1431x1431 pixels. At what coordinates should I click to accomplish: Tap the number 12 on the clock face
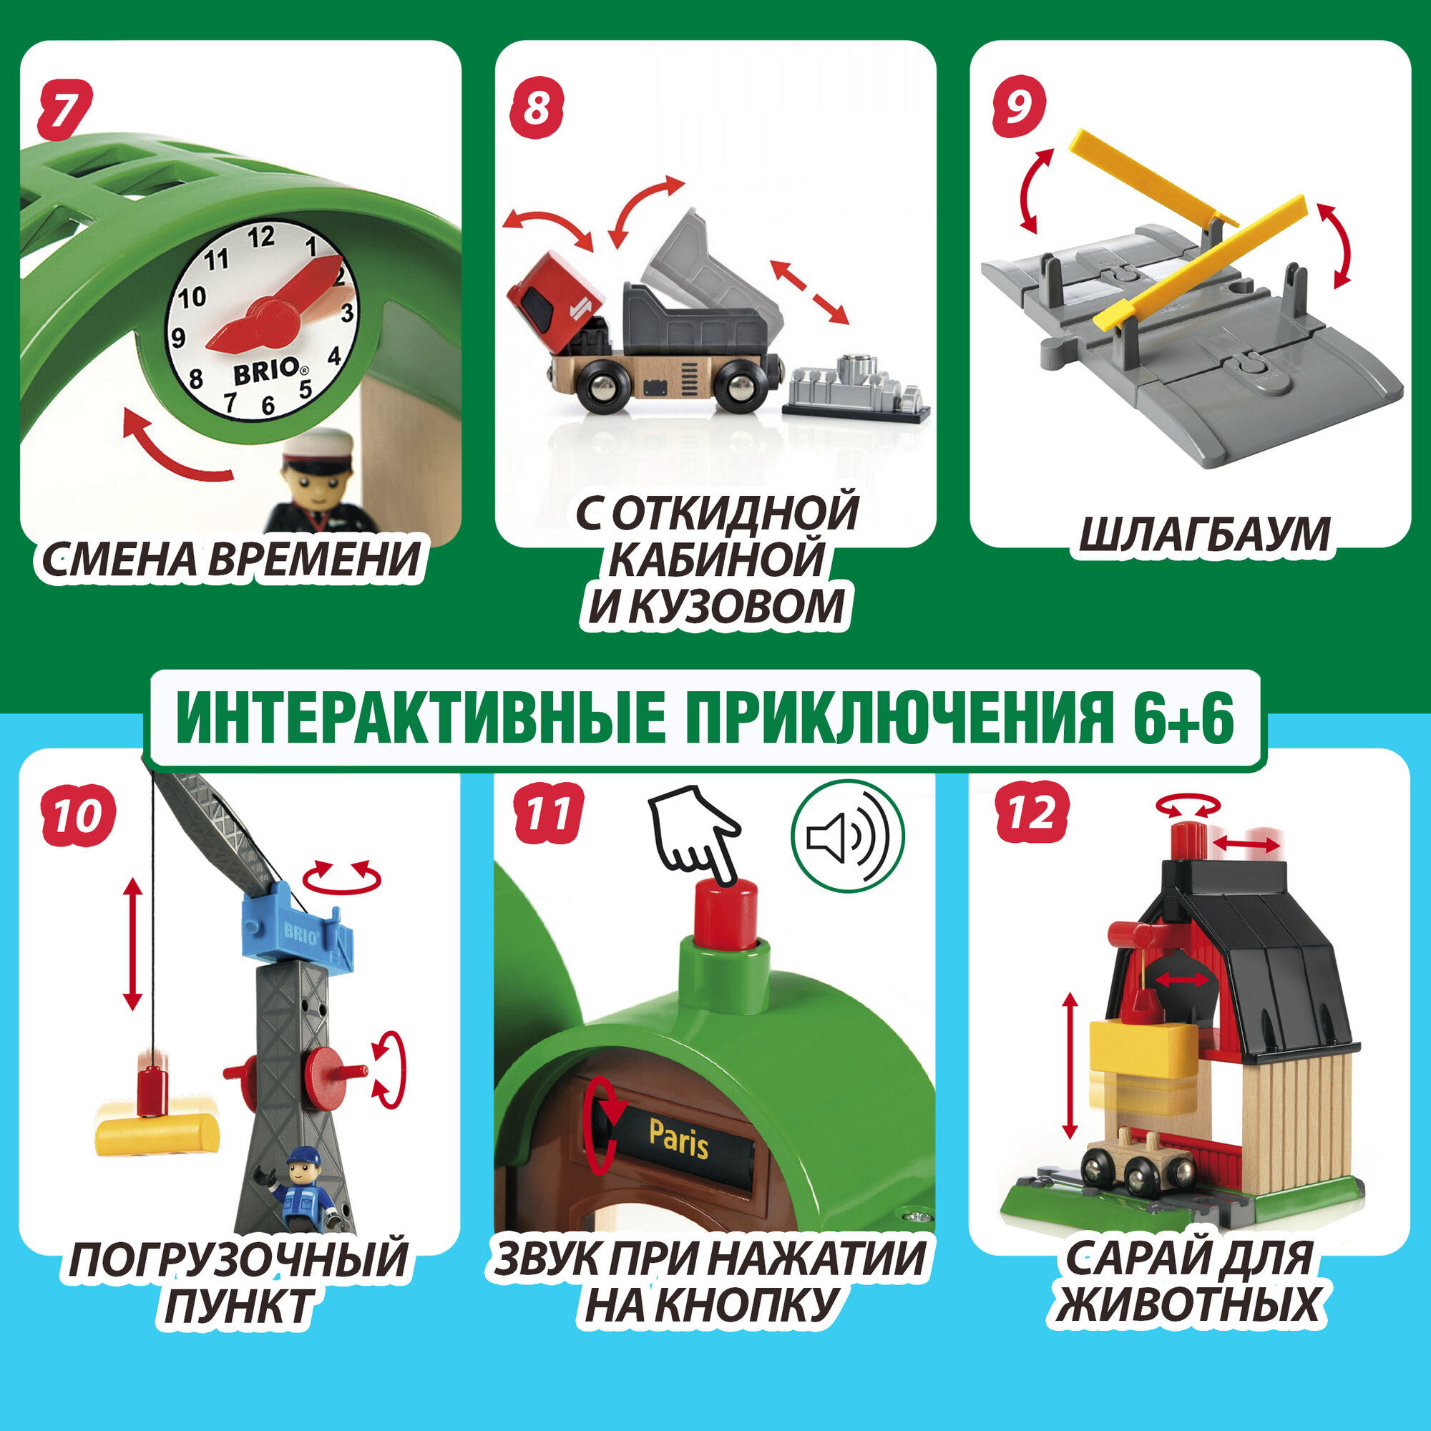click(x=260, y=237)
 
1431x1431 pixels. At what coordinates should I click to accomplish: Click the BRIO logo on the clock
click(x=267, y=371)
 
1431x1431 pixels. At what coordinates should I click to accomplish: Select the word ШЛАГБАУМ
click(x=1203, y=534)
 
